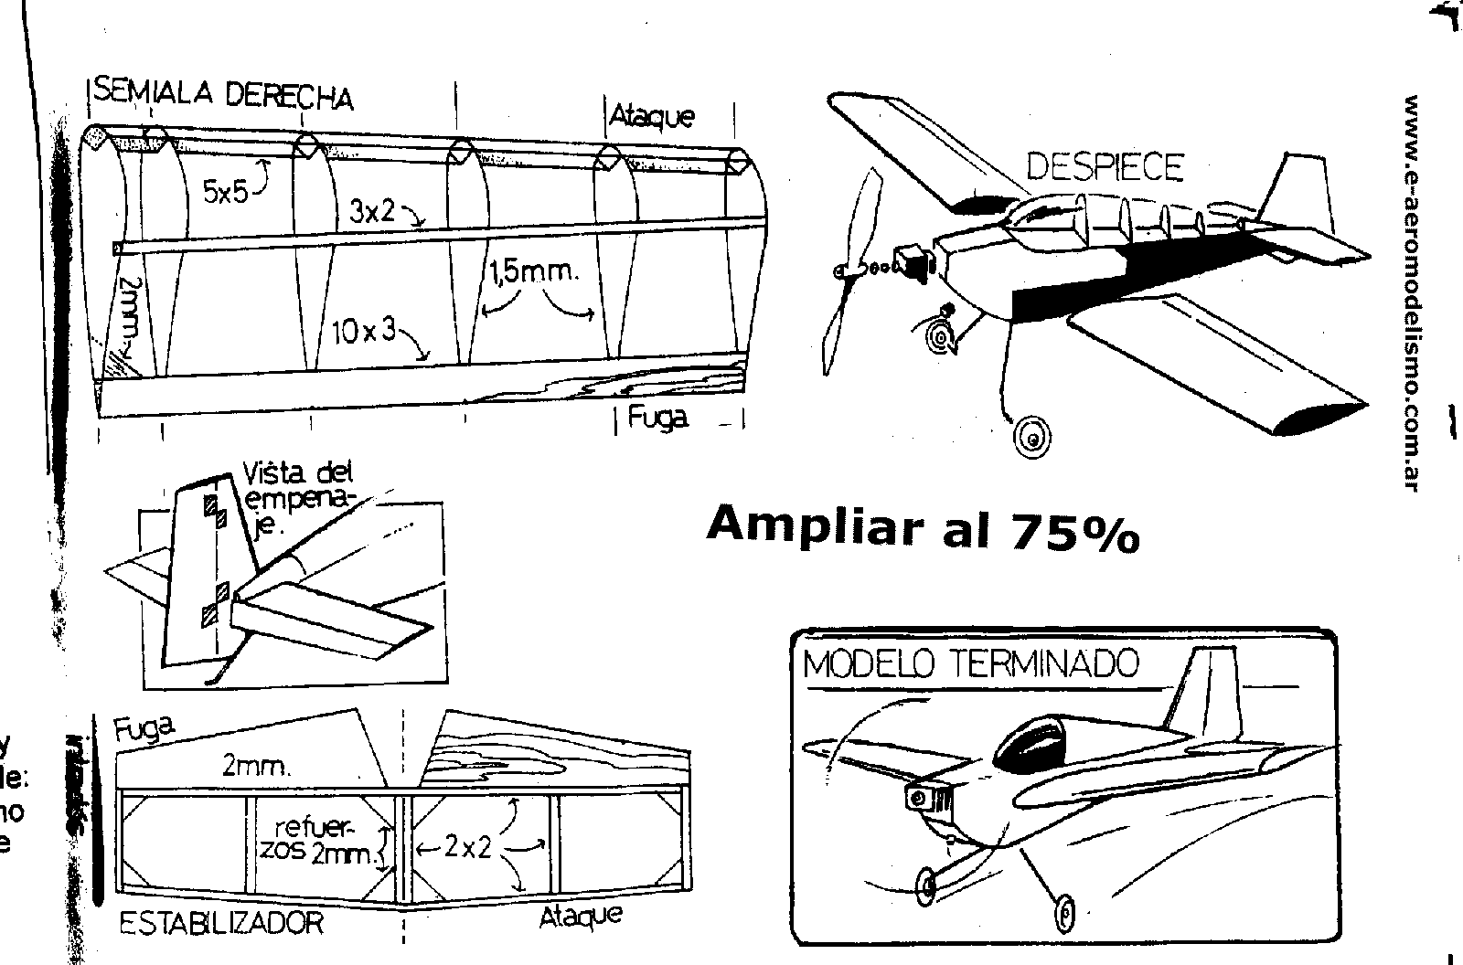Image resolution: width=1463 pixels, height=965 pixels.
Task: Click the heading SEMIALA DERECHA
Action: coord(223,94)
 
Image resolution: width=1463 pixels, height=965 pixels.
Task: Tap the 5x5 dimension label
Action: coord(225,193)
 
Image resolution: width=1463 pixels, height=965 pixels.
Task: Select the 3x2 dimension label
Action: coord(371,212)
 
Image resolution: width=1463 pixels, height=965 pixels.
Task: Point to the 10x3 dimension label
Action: coord(364,331)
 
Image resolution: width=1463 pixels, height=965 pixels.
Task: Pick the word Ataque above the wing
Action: coord(652,117)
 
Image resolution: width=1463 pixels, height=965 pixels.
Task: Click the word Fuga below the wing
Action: coord(657,419)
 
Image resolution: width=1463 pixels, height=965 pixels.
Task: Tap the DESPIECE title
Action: coord(1105,167)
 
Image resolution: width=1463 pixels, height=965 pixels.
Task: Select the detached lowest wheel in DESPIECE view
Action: coord(1032,438)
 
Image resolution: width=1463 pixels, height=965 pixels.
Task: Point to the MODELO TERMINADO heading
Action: coord(971,663)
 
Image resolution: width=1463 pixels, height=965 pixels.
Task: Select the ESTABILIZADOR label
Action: coord(221,922)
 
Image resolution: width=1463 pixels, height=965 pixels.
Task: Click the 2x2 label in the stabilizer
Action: coord(467,848)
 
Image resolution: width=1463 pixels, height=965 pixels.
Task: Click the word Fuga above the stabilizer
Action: coord(144,728)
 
